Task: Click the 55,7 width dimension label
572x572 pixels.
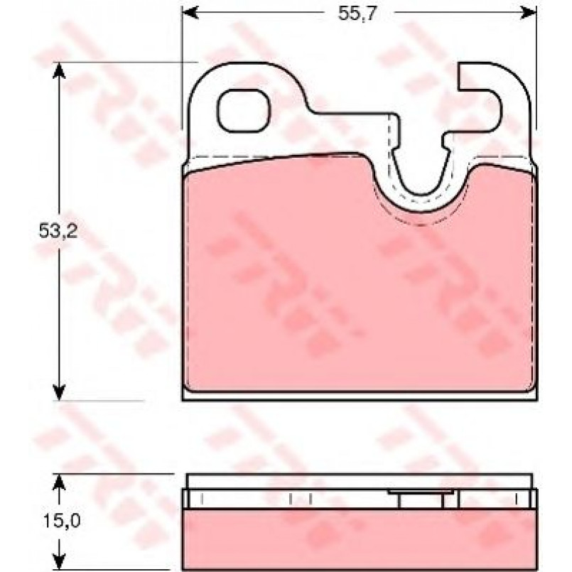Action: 356,14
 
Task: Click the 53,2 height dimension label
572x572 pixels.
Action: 58,230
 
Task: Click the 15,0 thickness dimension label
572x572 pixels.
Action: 62,520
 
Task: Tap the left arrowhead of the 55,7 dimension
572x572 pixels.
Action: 190,12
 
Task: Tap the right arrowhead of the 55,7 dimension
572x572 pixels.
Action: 529,12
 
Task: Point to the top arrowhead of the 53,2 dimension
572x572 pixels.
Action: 59,71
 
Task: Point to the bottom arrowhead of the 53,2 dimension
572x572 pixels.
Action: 59,392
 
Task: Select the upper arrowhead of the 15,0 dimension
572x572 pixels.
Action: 59,482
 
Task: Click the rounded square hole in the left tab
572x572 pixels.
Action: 243,110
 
